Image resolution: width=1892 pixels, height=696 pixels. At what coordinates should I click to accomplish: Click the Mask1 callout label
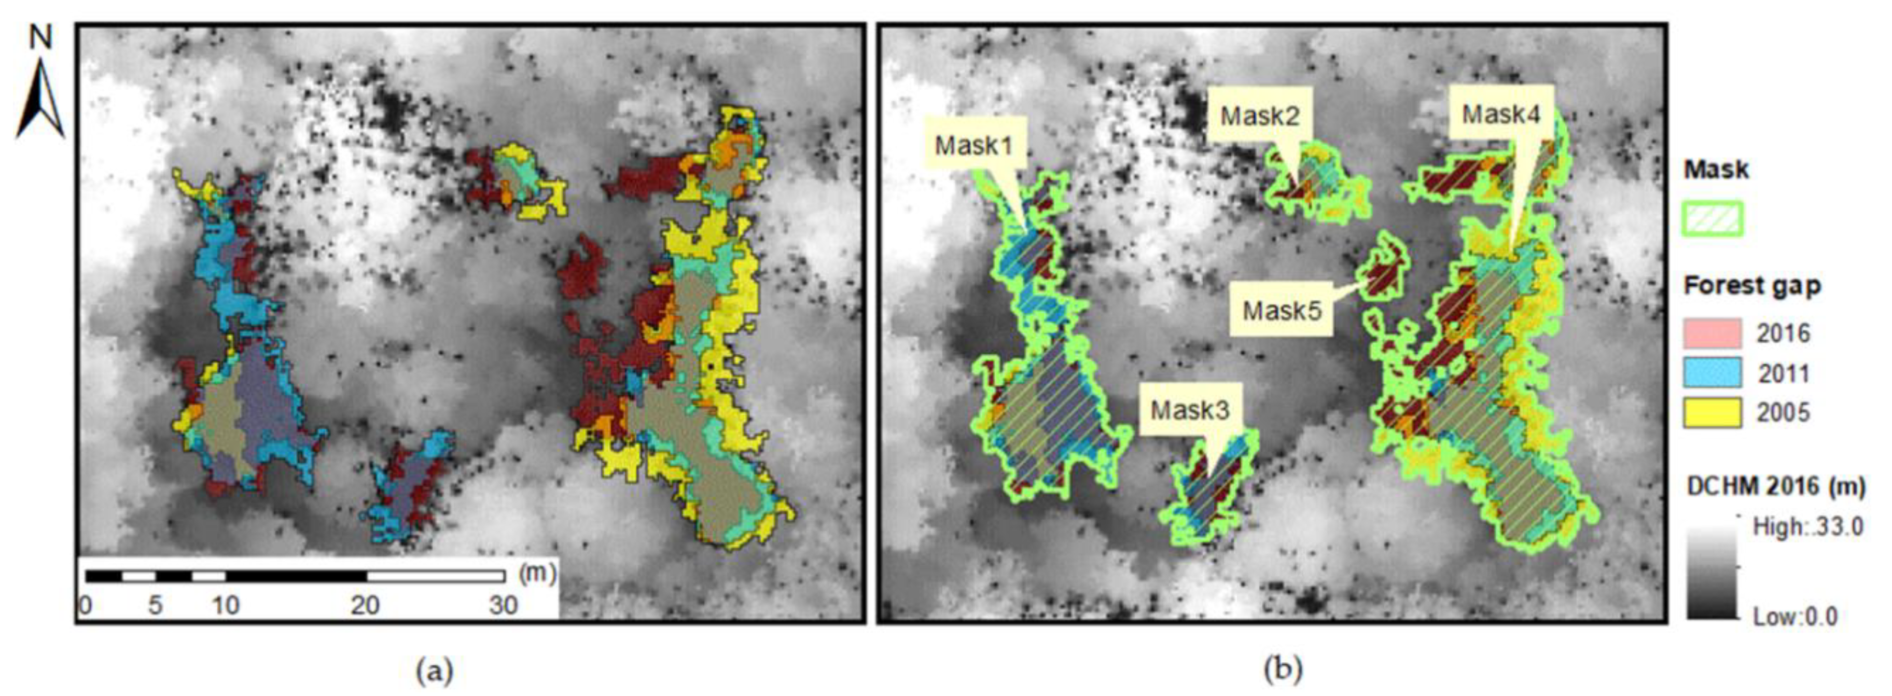tap(973, 145)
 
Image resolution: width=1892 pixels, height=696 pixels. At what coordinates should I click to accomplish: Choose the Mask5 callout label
tap(1282, 311)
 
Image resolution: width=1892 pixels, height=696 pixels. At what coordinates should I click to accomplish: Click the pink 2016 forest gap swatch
tap(1712, 333)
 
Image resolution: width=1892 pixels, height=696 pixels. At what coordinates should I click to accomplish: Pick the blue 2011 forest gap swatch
tap(1712, 373)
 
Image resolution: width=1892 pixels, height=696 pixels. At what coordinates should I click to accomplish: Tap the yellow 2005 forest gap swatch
tap(1712, 413)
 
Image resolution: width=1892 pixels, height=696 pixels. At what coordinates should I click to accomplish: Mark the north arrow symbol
tap(41, 99)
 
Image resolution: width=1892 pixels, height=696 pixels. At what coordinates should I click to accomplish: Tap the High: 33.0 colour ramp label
tap(1807, 526)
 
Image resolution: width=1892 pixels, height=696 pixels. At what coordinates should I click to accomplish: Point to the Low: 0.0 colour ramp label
tap(1795, 616)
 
